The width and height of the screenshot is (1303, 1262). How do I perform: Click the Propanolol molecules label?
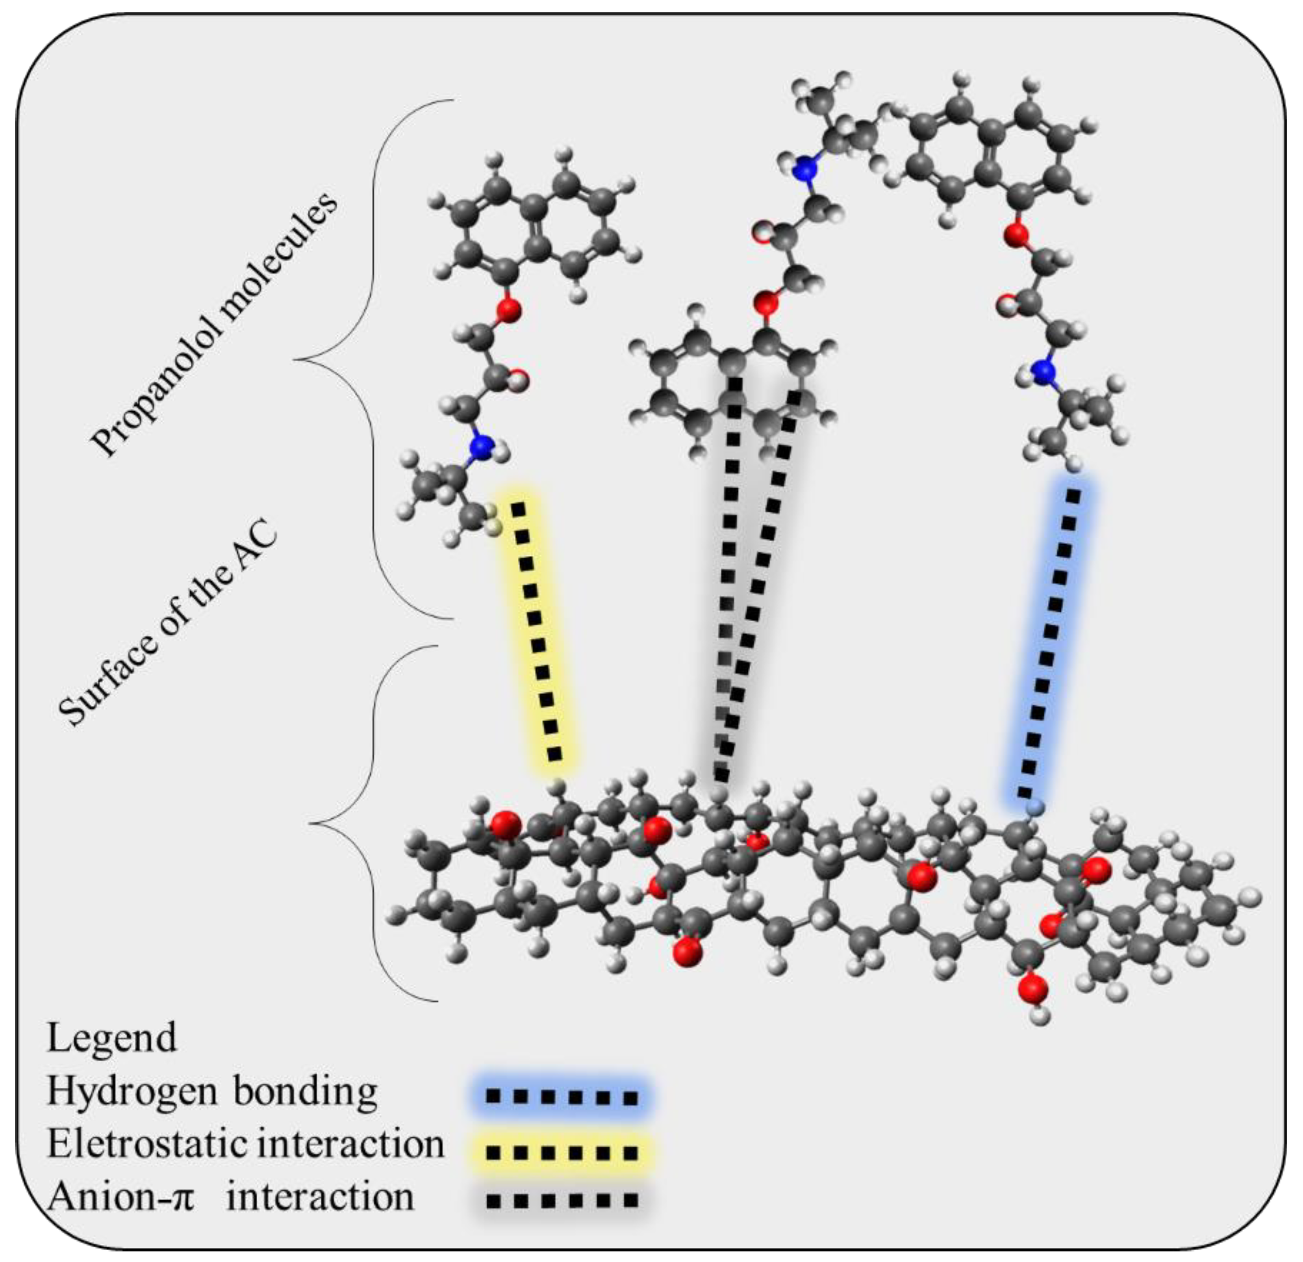click(x=215, y=324)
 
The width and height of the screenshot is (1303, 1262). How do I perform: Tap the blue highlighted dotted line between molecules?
click(x=1050, y=641)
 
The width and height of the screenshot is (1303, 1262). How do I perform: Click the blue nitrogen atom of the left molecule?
click(x=481, y=447)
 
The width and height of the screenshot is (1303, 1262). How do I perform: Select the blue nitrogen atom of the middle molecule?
click(x=805, y=169)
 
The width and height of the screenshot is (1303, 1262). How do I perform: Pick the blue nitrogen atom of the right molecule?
click(x=1045, y=371)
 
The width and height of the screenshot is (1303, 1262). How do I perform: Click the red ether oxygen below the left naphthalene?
click(x=508, y=309)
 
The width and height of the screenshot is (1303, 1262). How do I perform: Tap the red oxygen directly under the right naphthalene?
click(x=1015, y=234)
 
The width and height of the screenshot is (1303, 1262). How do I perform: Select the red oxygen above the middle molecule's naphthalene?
click(x=766, y=304)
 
